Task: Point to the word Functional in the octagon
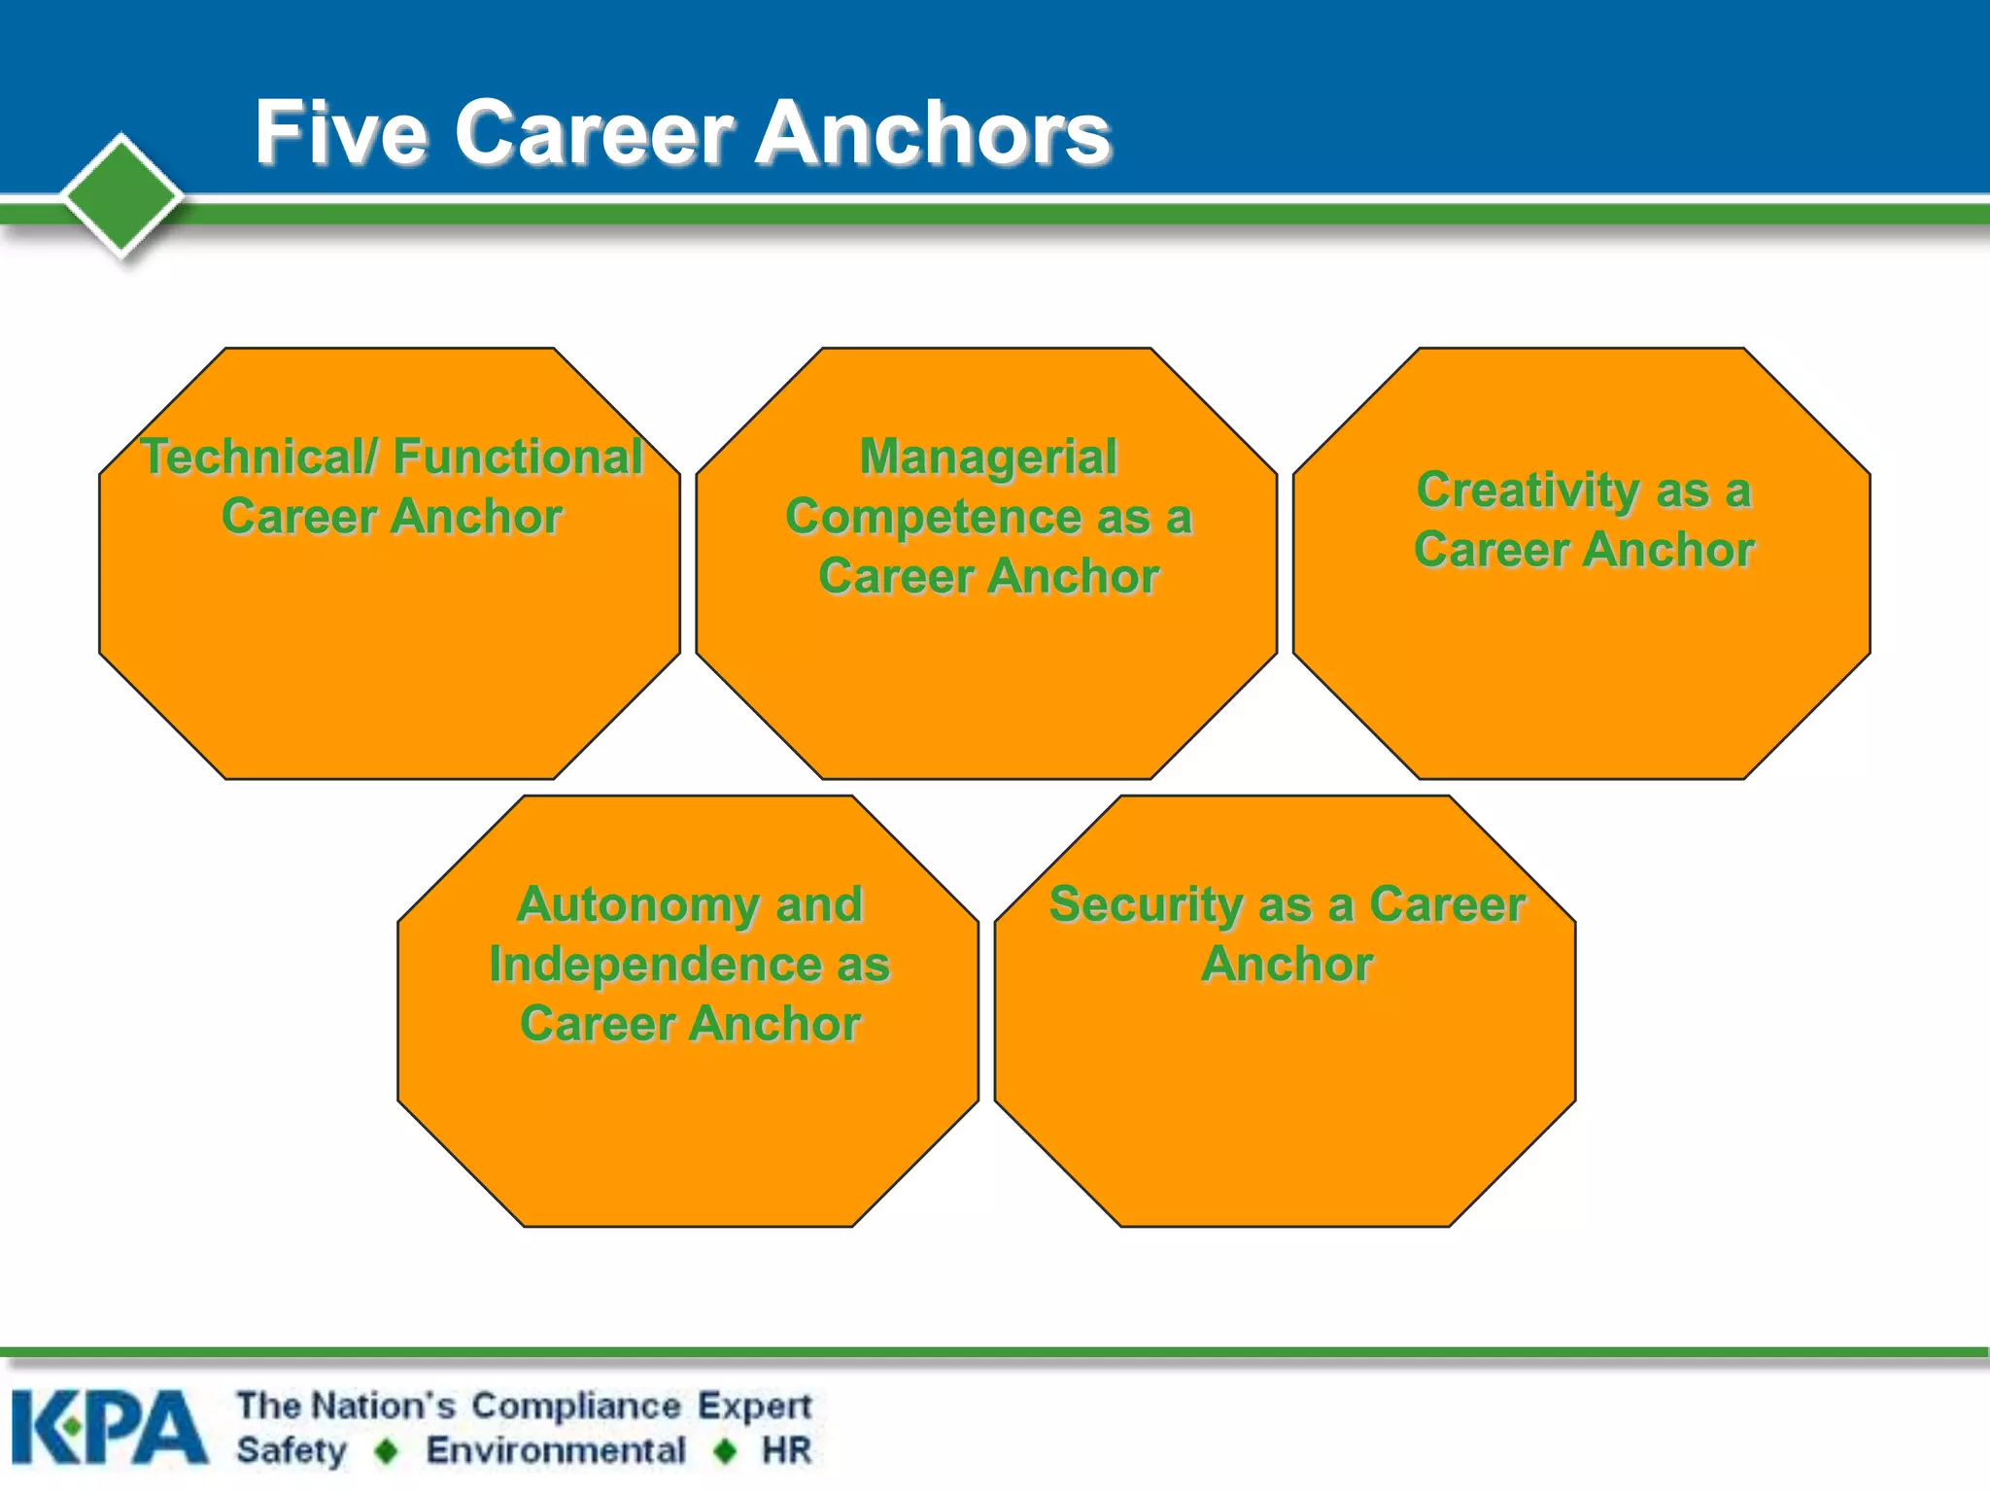click(x=518, y=457)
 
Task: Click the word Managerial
click(x=988, y=457)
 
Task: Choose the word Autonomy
click(x=637, y=904)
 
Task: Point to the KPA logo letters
click(x=109, y=1427)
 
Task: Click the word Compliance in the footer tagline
click(x=576, y=1406)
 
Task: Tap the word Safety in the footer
click(x=292, y=1451)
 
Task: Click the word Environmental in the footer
click(x=556, y=1450)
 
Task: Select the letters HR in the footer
click(x=786, y=1450)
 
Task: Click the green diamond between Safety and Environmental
click(x=387, y=1451)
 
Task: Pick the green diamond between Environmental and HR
click(x=725, y=1451)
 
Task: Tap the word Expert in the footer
click(x=754, y=1407)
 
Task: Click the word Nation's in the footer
click(x=385, y=1406)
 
